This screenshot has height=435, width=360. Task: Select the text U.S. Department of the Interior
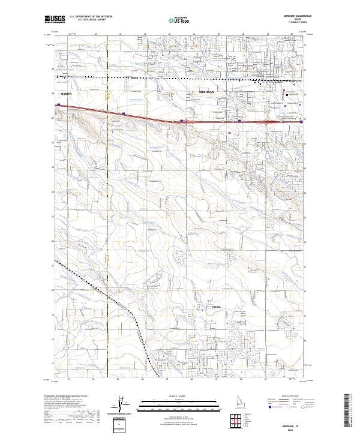(91, 16)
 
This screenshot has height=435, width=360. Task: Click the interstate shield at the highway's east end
(302, 121)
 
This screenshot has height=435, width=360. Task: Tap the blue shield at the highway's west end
(58, 105)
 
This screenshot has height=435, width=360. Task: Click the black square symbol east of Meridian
(287, 94)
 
